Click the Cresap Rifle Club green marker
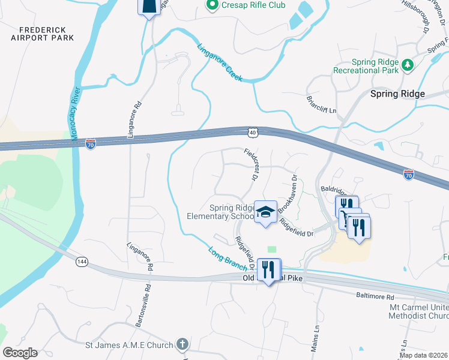[211, 5]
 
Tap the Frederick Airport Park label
[42, 34]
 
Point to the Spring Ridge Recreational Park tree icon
[408, 64]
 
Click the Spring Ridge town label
[397, 94]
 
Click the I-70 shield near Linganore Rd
[90, 144]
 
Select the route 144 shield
[82, 261]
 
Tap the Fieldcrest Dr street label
[251, 165]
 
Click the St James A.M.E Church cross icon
[183, 345]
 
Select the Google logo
[20, 353]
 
